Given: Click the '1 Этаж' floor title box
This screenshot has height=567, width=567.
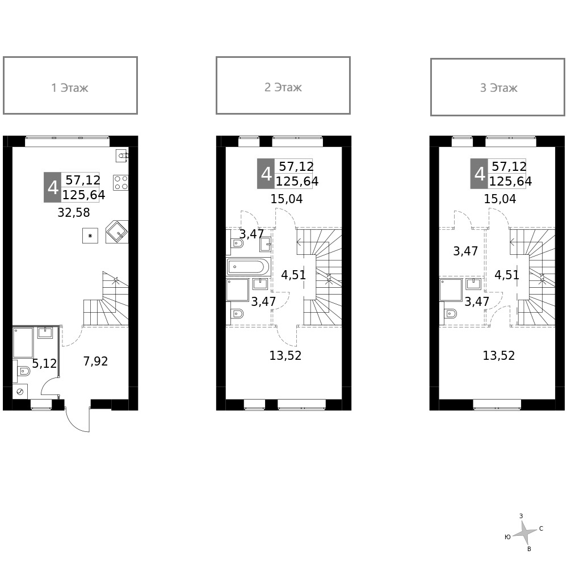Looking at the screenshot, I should point(70,86).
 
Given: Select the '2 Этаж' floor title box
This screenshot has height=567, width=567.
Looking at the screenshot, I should point(283,86).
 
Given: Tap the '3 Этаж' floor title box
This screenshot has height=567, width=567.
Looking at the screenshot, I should point(498,87).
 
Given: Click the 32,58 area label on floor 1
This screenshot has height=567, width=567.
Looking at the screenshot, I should point(74,213).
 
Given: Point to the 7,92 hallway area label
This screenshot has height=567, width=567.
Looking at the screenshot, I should point(95,362).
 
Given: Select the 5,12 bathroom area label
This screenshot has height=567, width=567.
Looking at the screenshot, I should point(44,364).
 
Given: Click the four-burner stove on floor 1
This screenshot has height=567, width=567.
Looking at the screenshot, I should point(121,182).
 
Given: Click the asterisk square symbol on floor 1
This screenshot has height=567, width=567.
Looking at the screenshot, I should point(90,235).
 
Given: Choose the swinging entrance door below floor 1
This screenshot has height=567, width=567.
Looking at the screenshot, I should point(77,420).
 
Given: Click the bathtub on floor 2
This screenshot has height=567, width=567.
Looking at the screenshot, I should point(248,266).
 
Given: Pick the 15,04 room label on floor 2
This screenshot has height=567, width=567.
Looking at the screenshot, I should point(286,199).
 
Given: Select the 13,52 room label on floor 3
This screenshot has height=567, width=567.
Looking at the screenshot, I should point(498,356).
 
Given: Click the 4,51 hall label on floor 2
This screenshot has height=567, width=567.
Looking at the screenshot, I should point(293,275).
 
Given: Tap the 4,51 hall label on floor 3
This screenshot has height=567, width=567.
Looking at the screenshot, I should point(507,275).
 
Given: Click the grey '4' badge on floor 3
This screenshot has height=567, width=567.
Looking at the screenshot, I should point(479,174).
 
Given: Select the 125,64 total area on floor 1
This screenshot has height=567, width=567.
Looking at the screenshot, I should point(83,195).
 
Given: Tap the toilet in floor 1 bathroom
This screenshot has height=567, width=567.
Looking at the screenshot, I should point(24,372).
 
